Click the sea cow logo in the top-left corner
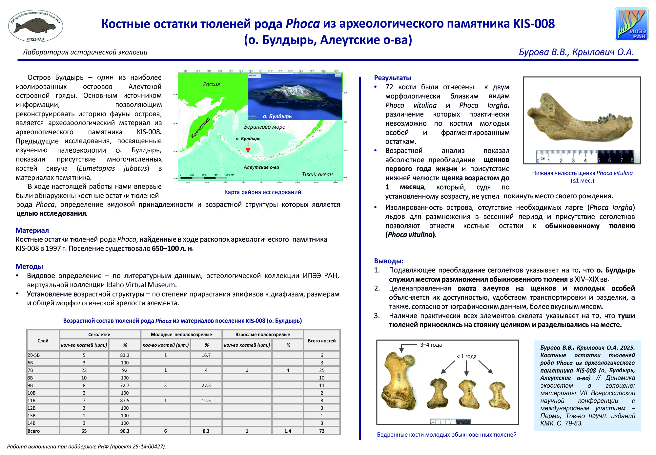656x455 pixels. tap(35, 26)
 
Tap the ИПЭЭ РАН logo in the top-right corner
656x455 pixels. tap(631, 24)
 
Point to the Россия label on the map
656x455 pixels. tap(211, 84)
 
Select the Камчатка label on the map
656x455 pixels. tap(200, 128)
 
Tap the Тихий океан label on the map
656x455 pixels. tap(317, 174)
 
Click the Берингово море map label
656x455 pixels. tap(264, 127)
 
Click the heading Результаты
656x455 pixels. tap(392, 78)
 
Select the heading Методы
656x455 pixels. tap(29, 267)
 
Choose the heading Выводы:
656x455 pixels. tap(388, 261)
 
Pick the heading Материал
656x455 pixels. tap(32, 230)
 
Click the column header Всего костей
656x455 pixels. tap(321, 341)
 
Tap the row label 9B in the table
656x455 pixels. tap(30, 385)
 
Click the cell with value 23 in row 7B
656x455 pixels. tap(84, 370)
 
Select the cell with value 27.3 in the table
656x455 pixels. tap(206, 385)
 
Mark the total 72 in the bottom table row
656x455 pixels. tap(321, 431)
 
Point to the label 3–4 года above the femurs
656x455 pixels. tap(431, 345)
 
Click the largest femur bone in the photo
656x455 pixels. tap(398, 381)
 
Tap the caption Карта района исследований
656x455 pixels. tap(262, 192)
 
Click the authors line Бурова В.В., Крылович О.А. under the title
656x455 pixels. tap(576, 52)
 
